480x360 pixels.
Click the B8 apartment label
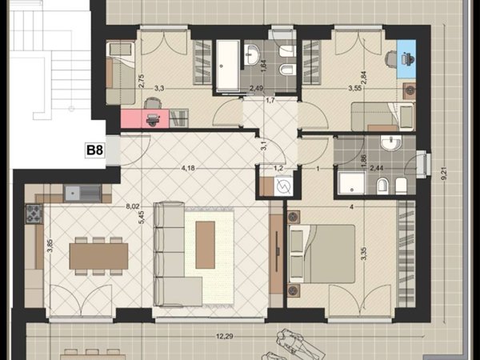coord(95,150)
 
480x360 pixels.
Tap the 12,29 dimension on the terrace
coord(225,337)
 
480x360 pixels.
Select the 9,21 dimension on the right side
coord(445,176)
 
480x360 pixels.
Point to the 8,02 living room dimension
coord(133,206)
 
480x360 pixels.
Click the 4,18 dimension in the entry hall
coord(188,168)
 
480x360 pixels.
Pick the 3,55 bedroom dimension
coord(355,89)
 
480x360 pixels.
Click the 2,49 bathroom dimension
coord(257,89)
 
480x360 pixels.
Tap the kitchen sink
coord(82,193)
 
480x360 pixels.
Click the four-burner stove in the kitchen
coord(34,214)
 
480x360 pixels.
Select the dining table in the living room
coord(98,256)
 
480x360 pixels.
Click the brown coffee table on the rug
coord(205,245)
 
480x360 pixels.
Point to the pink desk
coord(145,118)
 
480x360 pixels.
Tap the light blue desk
coord(406,58)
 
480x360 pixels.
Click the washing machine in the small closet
coord(283,186)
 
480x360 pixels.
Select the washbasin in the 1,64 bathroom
coord(252,54)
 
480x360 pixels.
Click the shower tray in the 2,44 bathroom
coord(351,182)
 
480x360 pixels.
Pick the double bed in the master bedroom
coord(322,254)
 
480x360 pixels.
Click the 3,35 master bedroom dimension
coord(364,254)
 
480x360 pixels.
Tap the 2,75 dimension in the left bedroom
coord(142,81)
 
